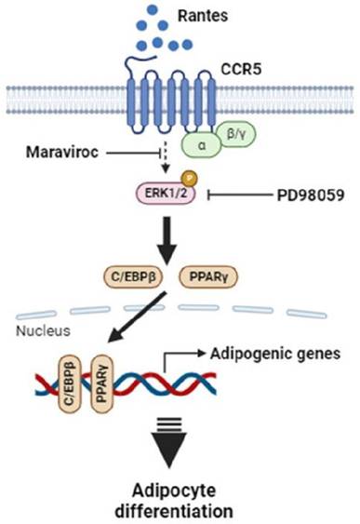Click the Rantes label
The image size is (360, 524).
click(203, 16)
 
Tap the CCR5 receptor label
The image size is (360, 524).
click(241, 69)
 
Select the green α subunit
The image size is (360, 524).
click(201, 145)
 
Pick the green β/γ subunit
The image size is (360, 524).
click(236, 134)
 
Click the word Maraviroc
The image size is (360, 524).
click(62, 153)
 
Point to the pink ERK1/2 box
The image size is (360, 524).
click(166, 194)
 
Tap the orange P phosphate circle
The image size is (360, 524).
click(190, 179)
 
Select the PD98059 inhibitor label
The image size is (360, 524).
click(311, 195)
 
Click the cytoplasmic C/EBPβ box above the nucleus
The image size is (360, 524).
click(134, 276)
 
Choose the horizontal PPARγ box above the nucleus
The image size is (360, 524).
click(208, 276)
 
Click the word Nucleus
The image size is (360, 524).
click(44, 330)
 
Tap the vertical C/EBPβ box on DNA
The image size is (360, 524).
click(70, 383)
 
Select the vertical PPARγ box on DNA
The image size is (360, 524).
click(102, 383)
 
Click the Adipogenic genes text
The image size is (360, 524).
click(275, 354)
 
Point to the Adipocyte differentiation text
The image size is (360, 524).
click(174, 501)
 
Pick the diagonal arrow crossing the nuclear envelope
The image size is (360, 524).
click(138, 316)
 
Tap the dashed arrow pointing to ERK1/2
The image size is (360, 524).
click(165, 157)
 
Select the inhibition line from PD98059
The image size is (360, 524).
click(240, 195)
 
